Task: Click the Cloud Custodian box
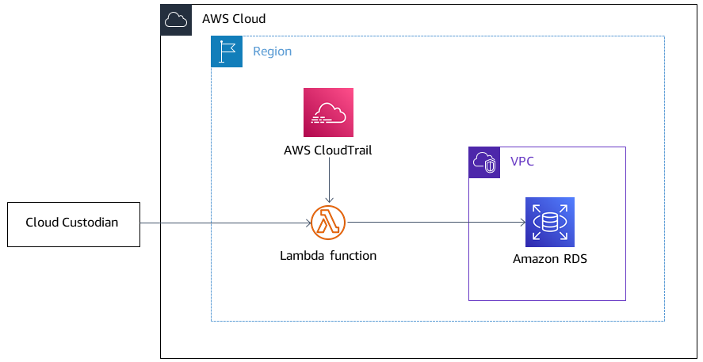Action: click(x=73, y=223)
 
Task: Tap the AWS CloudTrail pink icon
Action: click(x=328, y=112)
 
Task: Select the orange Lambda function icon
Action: click(x=328, y=223)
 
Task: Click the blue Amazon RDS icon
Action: click(x=549, y=222)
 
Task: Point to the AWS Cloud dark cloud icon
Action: click(x=176, y=20)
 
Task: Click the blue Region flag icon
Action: click(x=227, y=51)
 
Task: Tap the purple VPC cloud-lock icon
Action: click(x=484, y=162)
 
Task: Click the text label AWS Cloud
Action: click(x=234, y=19)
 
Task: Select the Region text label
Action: click(x=272, y=51)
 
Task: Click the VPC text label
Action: click(x=522, y=162)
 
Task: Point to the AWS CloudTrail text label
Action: click(x=328, y=150)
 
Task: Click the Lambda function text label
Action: click(x=328, y=256)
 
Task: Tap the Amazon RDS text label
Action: click(x=549, y=259)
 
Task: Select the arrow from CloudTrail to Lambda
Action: click(x=328, y=182)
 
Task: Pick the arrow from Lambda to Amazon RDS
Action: click(x=436, y=223)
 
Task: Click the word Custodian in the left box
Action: click(x=90, y=223)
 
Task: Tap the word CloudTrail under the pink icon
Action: click(x=344, y=150)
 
